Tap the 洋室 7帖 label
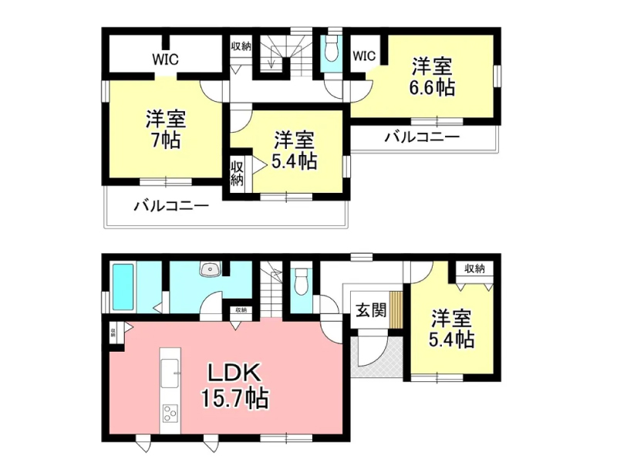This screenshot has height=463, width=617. (x=166, y=130)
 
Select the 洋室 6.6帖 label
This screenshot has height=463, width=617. (x=432, y=77)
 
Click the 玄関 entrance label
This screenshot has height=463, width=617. (x=371, y=311)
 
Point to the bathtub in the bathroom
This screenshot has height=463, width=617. (x=123, y=287)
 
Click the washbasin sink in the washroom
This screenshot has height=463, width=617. (x=211, y=269)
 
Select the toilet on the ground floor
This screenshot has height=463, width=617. (x=302, y=281)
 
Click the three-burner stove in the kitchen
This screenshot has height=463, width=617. (x=170, y=414)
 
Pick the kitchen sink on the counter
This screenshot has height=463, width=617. (x=170, y=373)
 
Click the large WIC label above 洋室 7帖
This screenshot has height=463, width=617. (x=165, y=59)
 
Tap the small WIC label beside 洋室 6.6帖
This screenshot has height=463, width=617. (x=364, y=56)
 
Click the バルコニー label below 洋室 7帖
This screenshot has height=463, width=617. (x=171, y=206)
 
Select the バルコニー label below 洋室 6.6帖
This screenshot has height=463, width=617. (x=422, y=137)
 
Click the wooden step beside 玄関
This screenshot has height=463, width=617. (x=396, y=310)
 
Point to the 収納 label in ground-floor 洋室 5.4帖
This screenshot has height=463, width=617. (x=474, y=269)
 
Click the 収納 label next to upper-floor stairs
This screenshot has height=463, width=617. (x=241, y=46)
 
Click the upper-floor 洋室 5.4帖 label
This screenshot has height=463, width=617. (x=294, y=150)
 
